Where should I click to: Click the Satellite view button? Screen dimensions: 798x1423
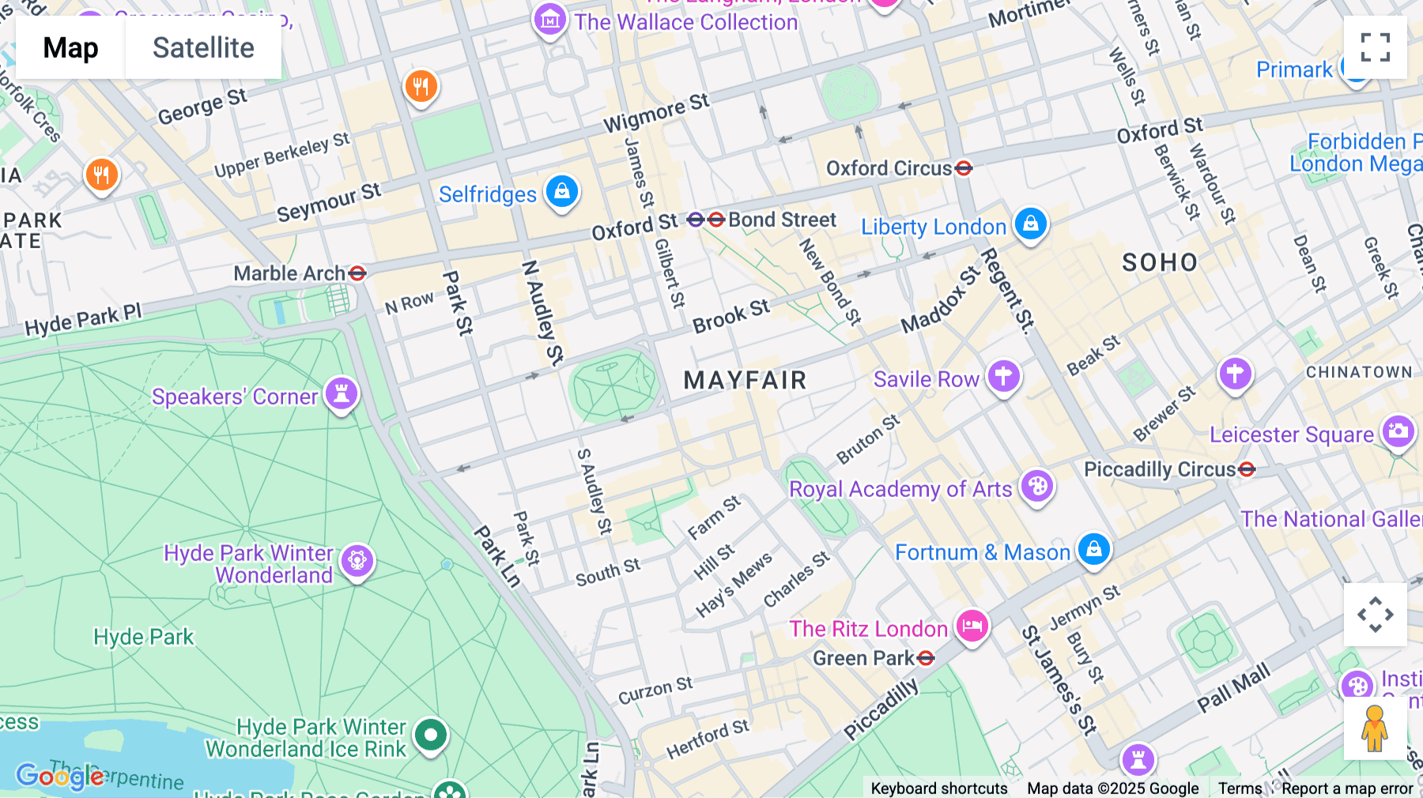point(203,47)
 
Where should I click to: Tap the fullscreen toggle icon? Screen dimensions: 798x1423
point(1375,47)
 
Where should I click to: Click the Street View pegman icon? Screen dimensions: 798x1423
point(1375,728)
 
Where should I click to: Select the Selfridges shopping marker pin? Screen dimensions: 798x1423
point(562,191)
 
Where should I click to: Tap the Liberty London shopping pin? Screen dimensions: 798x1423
point(1031,224)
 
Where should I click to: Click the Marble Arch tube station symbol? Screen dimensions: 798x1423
point(357,273)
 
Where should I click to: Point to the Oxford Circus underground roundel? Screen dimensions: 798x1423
point(963,168)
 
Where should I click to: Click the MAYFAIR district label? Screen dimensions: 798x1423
point(745,380)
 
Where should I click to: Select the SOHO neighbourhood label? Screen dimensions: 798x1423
point(1160,262)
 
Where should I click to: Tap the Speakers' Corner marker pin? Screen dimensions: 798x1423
point(342,393)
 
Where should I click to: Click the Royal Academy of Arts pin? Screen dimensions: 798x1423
point(1037,486)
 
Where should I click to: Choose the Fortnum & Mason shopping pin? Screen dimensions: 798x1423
point(1094,548)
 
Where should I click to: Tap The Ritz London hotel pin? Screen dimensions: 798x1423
point(972,627)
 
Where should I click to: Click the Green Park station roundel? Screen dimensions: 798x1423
point(927,658)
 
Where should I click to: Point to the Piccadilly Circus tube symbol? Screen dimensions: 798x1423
point(1247,469)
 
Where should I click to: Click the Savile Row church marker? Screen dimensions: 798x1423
point(1003,376)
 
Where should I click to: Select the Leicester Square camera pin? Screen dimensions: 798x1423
point(1398,431)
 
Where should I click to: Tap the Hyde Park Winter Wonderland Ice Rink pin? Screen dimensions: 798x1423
point(431,735)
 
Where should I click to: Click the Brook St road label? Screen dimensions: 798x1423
point(730,317)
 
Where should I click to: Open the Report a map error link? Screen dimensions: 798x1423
point(1347,789)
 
